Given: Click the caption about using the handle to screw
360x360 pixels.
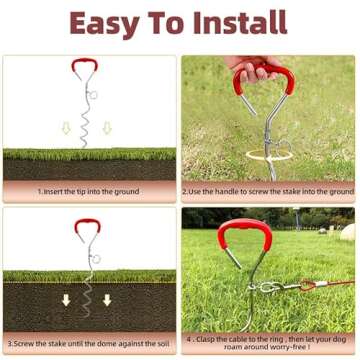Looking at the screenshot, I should pyautogui.click(x=268, y=191).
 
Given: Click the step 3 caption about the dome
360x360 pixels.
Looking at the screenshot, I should pyautogui.click(x=90, y=343).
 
